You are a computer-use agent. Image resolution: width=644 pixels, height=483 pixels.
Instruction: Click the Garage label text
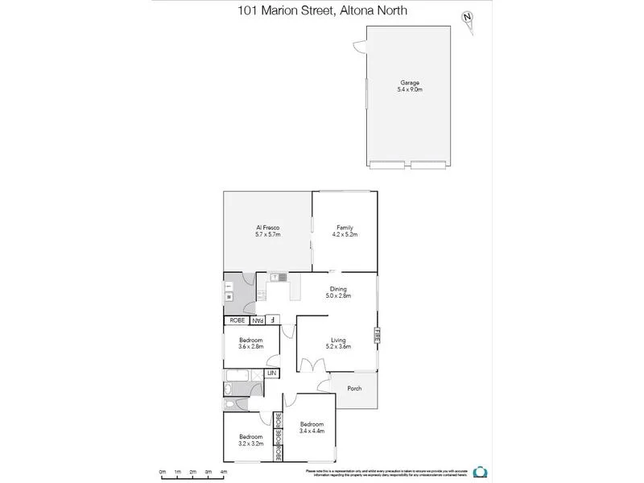point(410,82)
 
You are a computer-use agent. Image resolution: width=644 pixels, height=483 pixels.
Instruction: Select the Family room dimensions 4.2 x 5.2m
point(345,234)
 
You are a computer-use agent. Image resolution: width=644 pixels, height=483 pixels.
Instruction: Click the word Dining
point(338,289)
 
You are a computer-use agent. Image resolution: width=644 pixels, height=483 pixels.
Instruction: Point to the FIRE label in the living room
point(375,336)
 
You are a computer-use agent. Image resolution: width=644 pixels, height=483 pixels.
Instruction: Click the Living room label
point(338,340)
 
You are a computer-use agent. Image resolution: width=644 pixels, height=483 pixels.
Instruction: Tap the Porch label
point(354,389)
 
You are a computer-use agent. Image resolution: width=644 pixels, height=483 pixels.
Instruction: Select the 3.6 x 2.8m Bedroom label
point(250,343)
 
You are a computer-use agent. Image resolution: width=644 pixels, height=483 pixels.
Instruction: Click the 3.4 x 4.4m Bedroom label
point(312,427)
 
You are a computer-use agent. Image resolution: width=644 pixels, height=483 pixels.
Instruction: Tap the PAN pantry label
point(261,320)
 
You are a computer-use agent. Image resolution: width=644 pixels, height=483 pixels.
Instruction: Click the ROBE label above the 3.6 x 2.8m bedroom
point(237,320)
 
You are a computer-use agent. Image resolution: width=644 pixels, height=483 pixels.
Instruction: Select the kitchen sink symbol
point(279,278)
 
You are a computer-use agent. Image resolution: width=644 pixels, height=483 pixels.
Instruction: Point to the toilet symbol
point(229,405)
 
